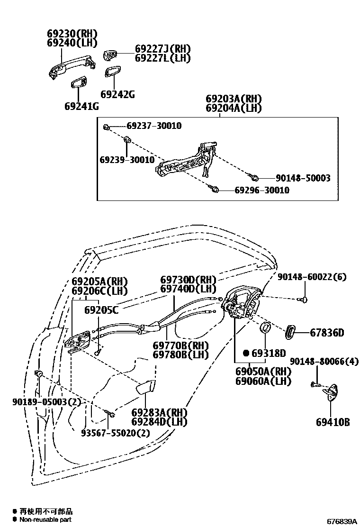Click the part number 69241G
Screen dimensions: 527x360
81,106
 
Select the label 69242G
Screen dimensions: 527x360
117,94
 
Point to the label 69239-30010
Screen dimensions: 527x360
127,160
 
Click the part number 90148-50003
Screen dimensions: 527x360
303,178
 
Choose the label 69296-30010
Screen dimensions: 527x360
262,190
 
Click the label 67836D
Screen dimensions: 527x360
327,333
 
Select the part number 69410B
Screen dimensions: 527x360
333,421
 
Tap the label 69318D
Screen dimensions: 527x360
269,353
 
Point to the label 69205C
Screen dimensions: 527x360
102,310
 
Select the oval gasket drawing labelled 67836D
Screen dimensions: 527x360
290,332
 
